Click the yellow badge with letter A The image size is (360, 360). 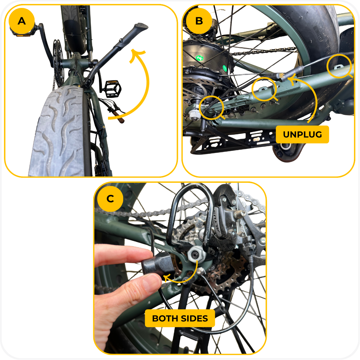tap(22, 21)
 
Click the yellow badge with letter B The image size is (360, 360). tap(199, 21)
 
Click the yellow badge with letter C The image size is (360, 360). tap(110, 199)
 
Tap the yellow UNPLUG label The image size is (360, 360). tap(302, 135)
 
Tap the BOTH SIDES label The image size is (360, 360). tap(180, 319)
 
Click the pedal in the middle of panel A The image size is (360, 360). tap(113, 89)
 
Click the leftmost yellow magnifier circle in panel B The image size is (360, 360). tap(212, 107)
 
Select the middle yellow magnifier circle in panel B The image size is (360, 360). tap(264, 89)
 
